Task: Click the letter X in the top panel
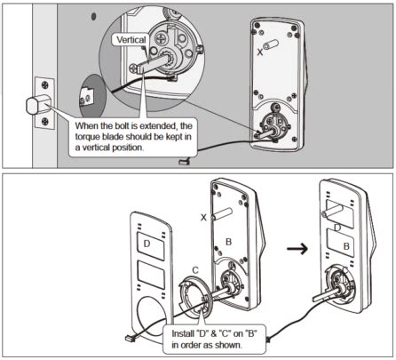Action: click(259, 52)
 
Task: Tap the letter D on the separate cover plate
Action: click(144, 242)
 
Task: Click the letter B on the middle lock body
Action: click(227, 240)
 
